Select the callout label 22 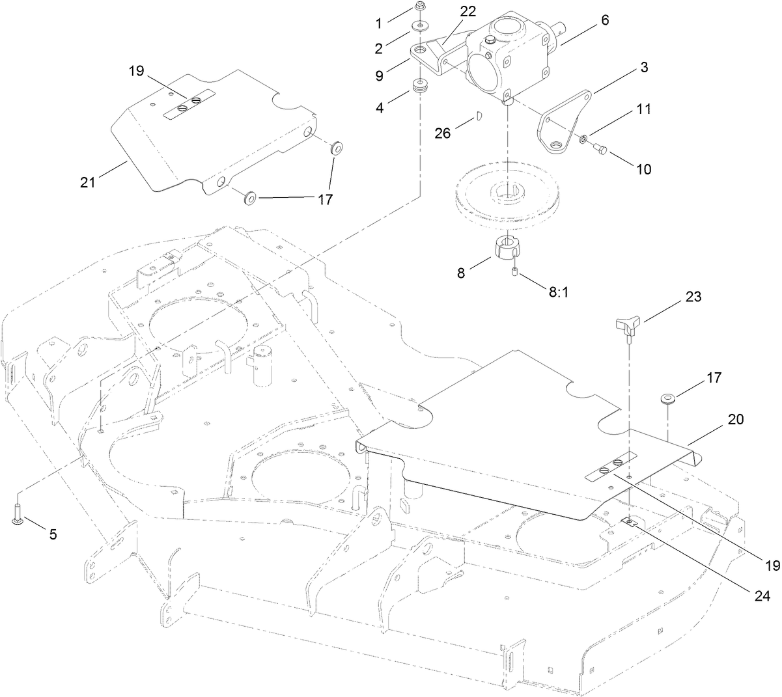(x=468, y=12)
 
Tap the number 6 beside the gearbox (x=605, y=20)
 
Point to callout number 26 (x=443, y=132)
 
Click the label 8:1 (x=559, y=293)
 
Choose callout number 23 (x=693, y=297)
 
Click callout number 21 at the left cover (x=88, y=183)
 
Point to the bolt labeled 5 (x=17, y=511)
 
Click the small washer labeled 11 (x=584, y=139)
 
